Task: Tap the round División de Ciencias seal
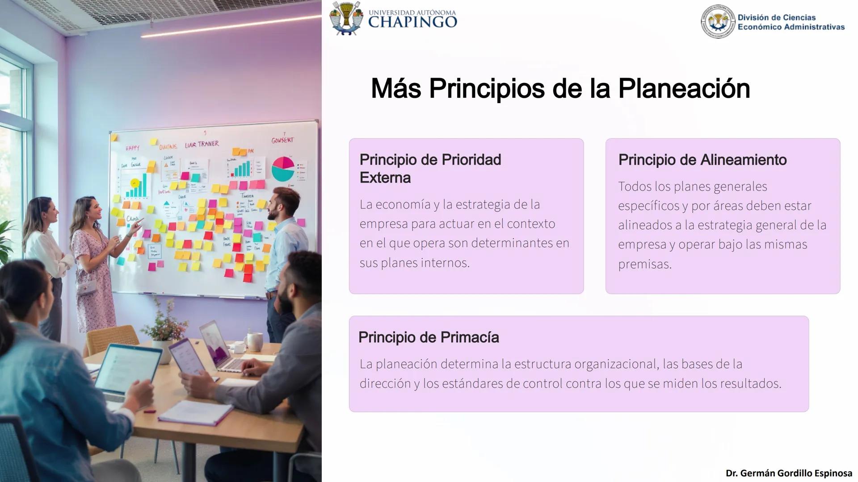click(718, 22)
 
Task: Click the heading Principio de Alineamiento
click(702, 160)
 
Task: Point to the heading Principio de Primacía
click(428, 337)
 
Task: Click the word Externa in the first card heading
click(385, 178)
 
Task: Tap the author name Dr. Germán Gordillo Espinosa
click(789, 473)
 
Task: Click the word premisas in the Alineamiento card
click(644, 264)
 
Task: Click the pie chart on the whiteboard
click(283, 168)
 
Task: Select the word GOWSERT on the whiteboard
click(282, 140)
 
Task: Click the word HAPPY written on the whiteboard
click(132, 148)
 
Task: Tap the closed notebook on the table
click(190, 413)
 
